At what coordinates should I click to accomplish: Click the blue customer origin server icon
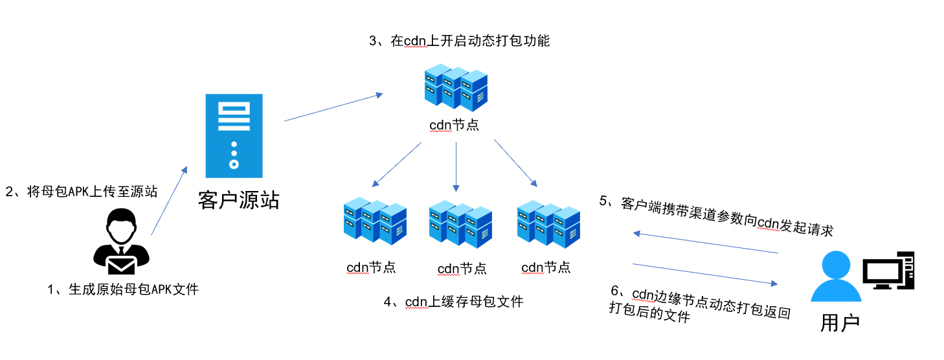(234, 135)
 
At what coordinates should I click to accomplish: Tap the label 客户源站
(238, 201)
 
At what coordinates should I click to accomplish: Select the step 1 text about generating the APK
(123, 289)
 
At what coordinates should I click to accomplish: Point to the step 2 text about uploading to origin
(82, 192)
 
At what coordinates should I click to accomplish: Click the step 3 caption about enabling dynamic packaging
(459, 41)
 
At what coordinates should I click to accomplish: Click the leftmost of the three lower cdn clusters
(375, 221)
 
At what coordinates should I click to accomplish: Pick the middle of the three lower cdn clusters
(460, 225)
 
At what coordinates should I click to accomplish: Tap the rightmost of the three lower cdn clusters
(548, 225)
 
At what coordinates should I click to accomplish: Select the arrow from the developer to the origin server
(168, 201)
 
